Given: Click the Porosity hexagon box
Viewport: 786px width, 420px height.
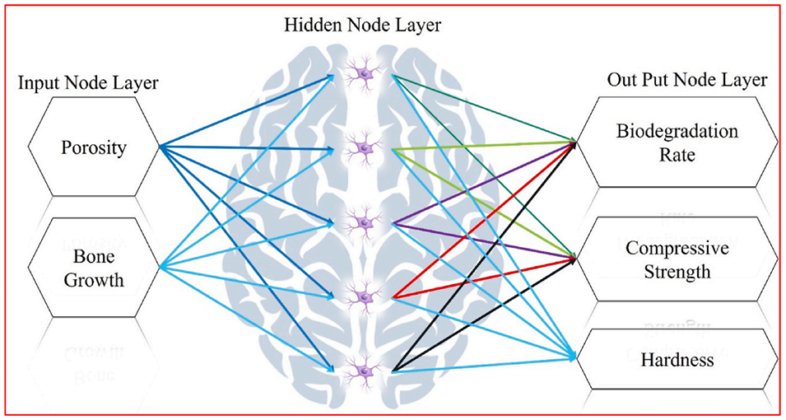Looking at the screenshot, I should pyautogui.click(x=93, y=148).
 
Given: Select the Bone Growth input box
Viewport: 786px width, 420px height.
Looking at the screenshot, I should pyautogui.click(x=93, y=267).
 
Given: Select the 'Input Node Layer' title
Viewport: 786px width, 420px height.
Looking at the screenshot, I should pyautogui.click(x=88, y=82).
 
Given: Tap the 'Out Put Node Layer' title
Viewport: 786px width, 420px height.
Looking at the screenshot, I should pyautogui.click(x=687, y=80).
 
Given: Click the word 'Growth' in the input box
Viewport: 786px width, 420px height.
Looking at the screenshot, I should pyautogui.click(x=93, y=279).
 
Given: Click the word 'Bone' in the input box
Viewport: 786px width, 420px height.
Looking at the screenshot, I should pyautogui.click(x=93, y=255).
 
